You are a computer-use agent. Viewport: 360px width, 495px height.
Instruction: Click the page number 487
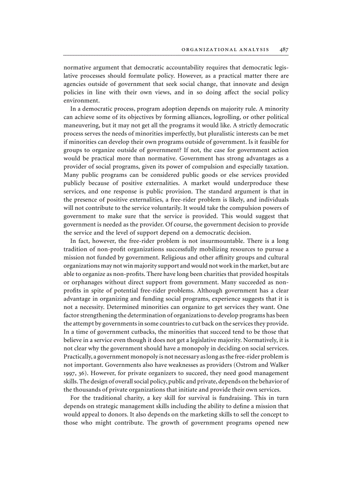pos(284,50)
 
